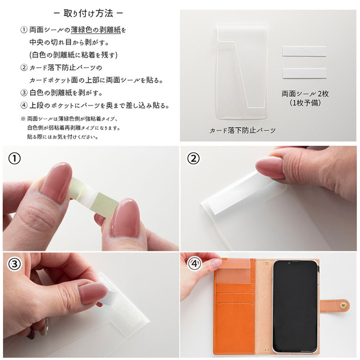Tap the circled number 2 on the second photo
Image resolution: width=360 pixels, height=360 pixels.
point(194,159)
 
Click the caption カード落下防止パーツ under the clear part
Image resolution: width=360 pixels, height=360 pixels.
point(241,131)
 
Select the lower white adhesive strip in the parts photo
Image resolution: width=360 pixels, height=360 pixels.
point(304,73)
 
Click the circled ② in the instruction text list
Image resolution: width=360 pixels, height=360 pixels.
point(23,67)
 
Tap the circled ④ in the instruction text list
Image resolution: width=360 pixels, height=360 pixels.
point(23,105)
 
